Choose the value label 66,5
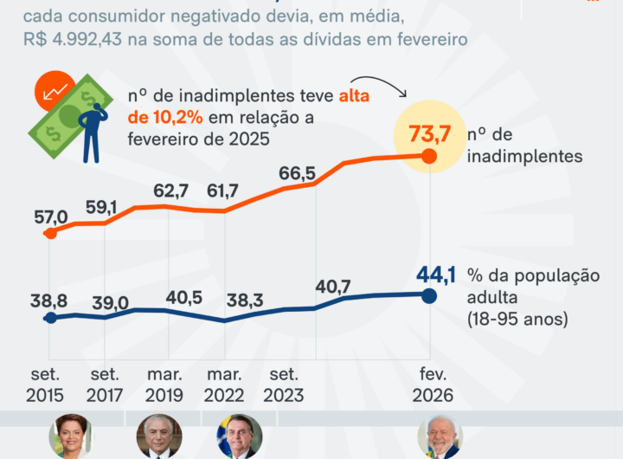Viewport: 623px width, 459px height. click(x=297, y=173)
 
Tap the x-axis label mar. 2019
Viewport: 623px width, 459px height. click(x=164, y=385)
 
